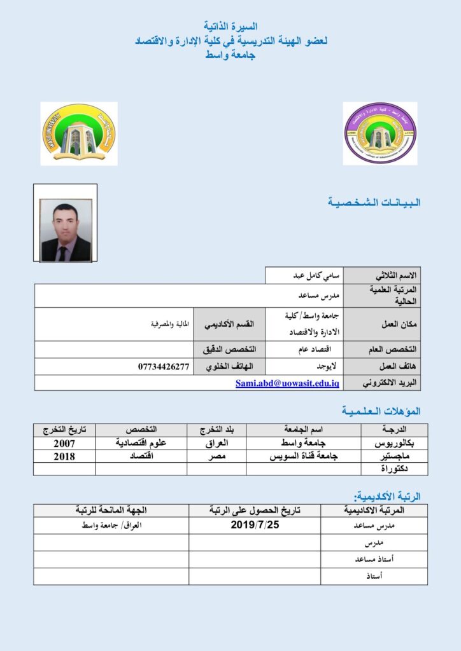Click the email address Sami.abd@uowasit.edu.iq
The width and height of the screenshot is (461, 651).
coord(288,383)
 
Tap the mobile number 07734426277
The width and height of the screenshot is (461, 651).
coord(164,367)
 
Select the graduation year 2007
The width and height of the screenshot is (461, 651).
coord(64,443)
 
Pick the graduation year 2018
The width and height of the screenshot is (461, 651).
coord(64,456)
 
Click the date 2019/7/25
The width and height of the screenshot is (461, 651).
coord(255,526)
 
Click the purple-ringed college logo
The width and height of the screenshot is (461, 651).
coord(380,133)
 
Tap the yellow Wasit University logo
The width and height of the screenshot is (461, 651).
coord(79,132)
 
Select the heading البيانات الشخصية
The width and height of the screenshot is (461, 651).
coord(374,203)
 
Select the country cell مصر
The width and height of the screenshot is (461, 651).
coord(216,456)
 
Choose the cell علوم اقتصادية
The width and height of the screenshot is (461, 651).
coord(141,443)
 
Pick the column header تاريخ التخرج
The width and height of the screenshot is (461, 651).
coord(64,430)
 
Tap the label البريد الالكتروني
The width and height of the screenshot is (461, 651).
coord(389,383)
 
